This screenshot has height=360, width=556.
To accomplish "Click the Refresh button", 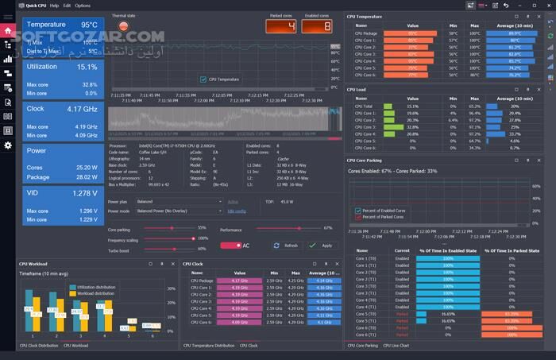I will click(x=287, y=246).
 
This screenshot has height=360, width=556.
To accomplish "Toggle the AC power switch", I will click(x=230, y=246).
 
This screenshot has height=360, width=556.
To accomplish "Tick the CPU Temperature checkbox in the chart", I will click(x=203, y=79).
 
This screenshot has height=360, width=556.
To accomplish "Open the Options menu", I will click(x=83, y=6).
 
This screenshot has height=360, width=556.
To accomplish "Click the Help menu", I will click(x=54, y=6).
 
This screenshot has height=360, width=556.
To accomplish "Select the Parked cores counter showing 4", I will click(x=281, y=26).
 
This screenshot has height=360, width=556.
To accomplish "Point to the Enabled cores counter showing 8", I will click(x=316, y=26).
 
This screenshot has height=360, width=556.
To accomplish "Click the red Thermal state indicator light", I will click(x=123, y=26).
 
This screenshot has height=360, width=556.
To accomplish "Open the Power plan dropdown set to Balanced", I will click(x=180, y=202).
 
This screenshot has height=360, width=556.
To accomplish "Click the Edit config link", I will click(x=237, y=211).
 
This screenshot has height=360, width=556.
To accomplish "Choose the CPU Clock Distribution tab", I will click(x=39, y=346).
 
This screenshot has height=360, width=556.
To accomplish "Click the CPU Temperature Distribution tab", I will click(x=208, y=346).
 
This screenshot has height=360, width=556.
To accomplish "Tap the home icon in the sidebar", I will click(x=8, y=31).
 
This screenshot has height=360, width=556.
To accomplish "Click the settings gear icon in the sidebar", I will click(x=8, y=145).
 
